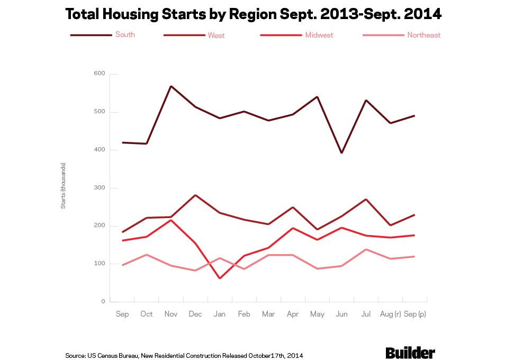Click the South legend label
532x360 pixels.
tap(125, 35)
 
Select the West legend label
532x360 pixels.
tap(216, 35)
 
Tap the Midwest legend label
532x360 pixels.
tap(319, 35)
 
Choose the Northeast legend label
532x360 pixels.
tap(423, 35)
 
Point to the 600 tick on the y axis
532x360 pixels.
tap(100, 74)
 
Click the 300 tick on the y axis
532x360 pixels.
tap(100, 188)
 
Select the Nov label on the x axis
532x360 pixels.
tap(170, 314)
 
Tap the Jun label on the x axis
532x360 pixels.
tap(341, 314)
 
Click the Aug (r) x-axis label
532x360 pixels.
tap(390, 314)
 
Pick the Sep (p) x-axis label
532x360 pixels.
tap(414, 314)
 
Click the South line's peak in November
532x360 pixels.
tap(170, 86)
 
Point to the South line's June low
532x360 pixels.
tap(341, 153)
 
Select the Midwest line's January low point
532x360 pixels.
tap(219, 278)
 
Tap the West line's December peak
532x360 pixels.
tap(195, 195)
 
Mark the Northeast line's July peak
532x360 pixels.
tap(366, 249)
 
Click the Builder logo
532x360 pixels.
tap(410, 353)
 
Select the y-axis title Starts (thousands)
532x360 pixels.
tap(63, 185)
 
